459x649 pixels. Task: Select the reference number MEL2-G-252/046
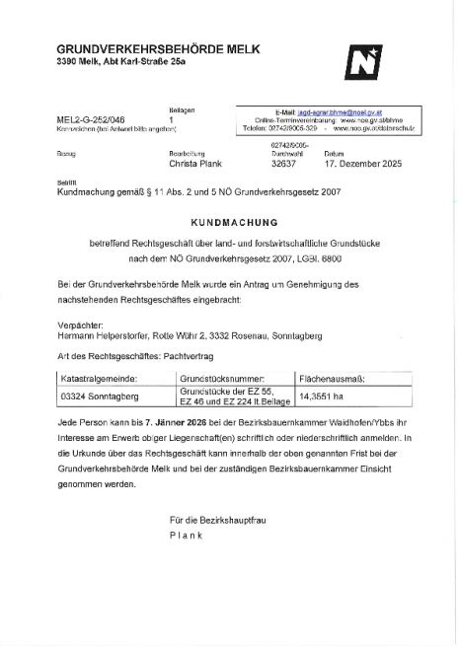(x=91, y=118)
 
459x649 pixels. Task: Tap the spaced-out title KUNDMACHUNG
(x=228, y=224)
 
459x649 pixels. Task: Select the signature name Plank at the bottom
(x=187, y=535)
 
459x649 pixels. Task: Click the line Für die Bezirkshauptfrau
(x=219, y=520)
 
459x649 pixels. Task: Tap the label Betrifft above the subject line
(x=66, y=183)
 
